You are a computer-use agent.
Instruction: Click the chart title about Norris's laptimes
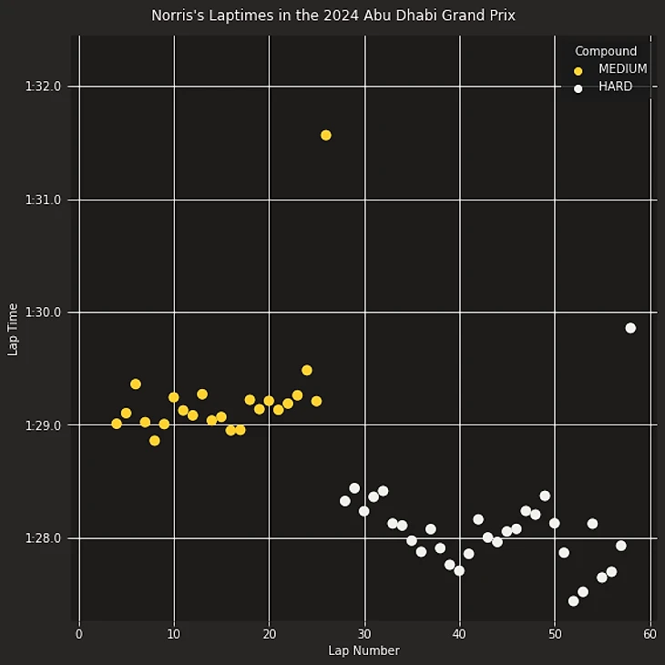coord(332,15)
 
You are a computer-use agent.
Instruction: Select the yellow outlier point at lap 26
coord(325,135)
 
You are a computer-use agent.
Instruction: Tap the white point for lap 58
coord(630,328)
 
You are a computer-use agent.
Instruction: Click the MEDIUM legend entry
coord(622,69)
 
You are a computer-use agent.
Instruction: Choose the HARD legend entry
coord(615,87)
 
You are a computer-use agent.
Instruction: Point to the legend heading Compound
coord(606,52)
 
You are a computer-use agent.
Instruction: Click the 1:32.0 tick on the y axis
coord(43,87)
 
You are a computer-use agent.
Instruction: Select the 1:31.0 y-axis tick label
coord(43,199)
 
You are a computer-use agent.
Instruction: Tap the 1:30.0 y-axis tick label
coord(43,312)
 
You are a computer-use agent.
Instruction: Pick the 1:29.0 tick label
coord(43,425)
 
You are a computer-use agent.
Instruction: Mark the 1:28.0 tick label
coord(43,538)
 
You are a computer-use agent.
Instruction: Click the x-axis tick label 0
coord(79,634)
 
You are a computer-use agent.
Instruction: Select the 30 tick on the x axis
coord(364,634)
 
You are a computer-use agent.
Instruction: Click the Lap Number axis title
coord(363,650)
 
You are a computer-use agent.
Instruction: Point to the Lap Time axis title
coord(13,329)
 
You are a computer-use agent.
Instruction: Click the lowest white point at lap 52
coord(573,601)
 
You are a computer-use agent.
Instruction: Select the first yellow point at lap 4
coord(117,424)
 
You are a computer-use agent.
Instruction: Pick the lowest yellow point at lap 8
coord(155,441)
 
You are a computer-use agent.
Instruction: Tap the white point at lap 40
coord(459,571)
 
